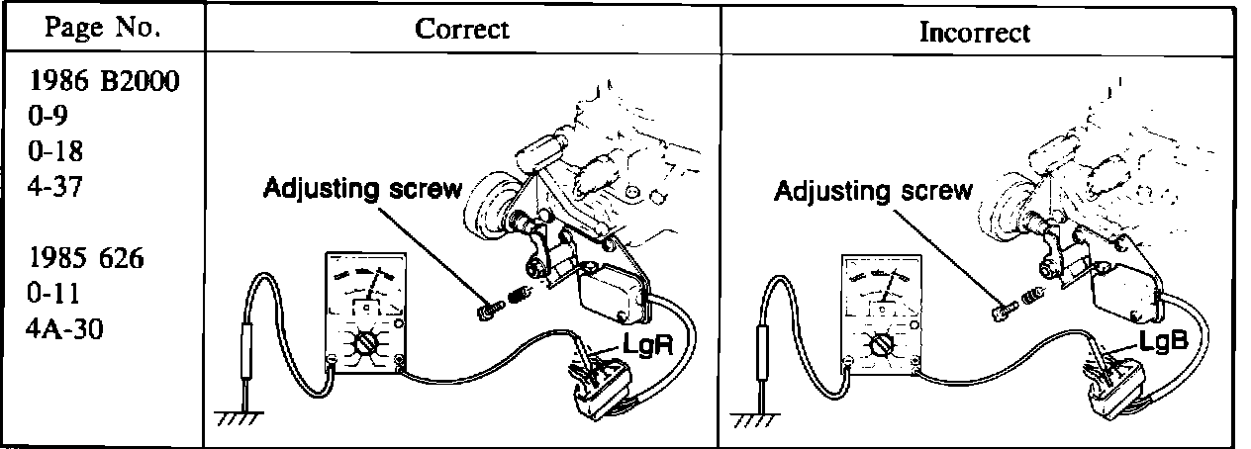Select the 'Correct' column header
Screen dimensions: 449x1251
pos(461,29)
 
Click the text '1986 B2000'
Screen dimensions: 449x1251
pos(104,82)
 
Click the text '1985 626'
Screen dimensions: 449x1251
pos(88,261)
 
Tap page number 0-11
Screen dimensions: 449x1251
pos(54,295)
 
